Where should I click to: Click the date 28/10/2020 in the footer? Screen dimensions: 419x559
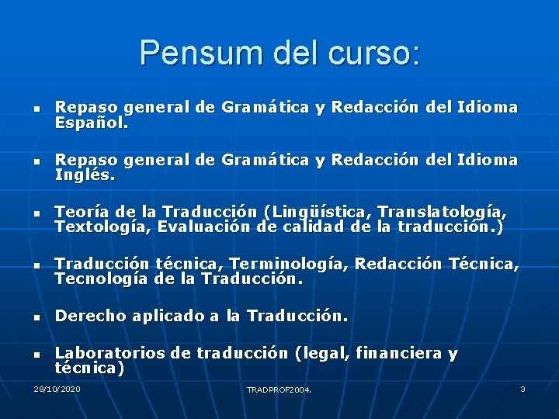(x=57, y=388)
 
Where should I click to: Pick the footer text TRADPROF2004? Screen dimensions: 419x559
(x=279, y=390)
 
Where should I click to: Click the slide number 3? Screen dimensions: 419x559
(x=523, y=388)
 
